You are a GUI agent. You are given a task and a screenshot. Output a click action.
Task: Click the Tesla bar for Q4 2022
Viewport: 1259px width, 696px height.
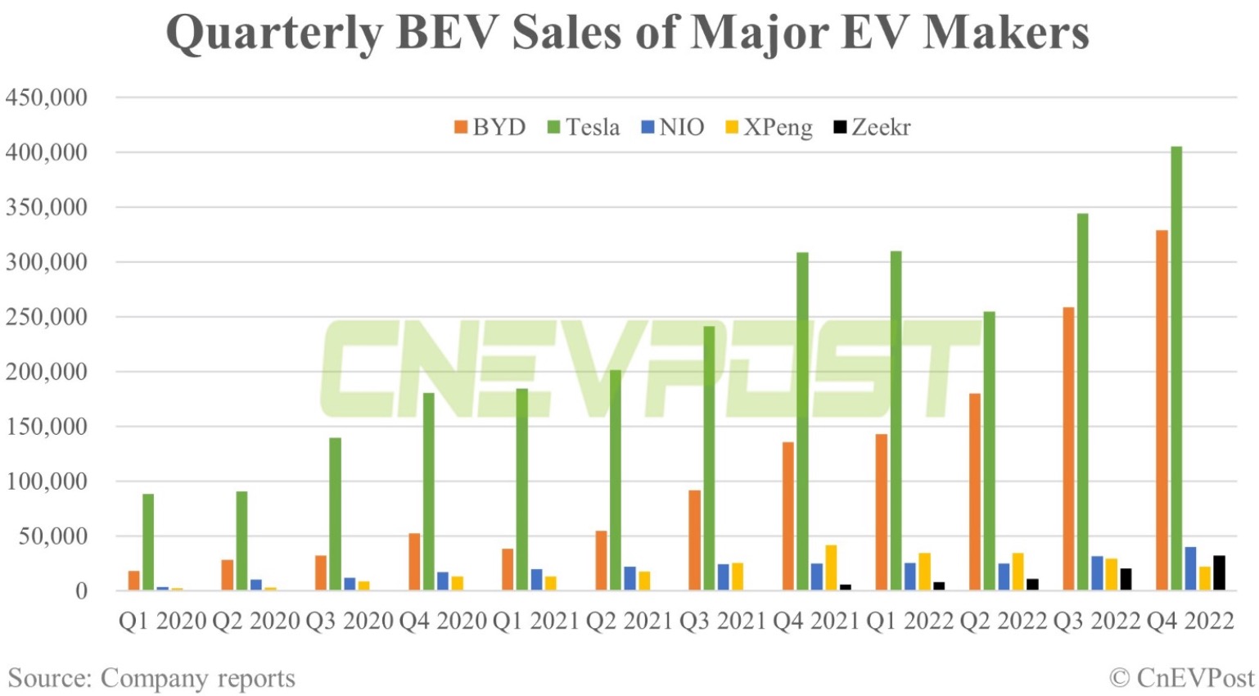click(1176, 368)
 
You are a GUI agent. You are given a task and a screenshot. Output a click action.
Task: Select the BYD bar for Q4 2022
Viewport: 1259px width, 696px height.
click(1162, 409)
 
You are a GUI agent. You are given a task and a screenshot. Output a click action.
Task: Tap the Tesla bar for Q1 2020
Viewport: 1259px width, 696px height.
click(148, 542)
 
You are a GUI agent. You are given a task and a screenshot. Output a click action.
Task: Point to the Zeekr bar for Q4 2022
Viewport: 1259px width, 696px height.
click(1219, 573)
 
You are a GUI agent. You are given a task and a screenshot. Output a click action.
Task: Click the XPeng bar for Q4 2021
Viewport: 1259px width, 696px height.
click(831, 567)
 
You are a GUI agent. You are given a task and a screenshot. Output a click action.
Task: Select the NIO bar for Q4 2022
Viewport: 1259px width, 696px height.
click(1190, 568)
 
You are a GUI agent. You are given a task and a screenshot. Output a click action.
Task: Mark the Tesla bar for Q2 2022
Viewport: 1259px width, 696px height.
click(990, 450)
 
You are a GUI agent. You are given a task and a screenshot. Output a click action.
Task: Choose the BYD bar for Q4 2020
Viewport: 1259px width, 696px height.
click(414, 562)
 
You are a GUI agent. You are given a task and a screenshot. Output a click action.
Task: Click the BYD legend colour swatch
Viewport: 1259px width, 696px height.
click(461, 128)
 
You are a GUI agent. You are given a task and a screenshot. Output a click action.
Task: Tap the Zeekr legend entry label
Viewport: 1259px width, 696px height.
click(881, 128)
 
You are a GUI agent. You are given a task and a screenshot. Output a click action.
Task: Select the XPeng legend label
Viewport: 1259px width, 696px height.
click(778, 128)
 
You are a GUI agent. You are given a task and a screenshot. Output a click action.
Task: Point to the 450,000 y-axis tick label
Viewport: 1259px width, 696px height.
click(47, 97)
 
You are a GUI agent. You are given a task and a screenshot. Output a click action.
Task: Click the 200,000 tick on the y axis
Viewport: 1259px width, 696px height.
click(47, 372)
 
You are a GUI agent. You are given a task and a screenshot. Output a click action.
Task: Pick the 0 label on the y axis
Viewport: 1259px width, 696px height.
click(80, 591)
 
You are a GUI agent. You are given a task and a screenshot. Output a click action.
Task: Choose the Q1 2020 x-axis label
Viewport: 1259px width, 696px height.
click(162, 621)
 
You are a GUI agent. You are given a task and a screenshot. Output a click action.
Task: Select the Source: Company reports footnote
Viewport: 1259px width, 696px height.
click(151, 678)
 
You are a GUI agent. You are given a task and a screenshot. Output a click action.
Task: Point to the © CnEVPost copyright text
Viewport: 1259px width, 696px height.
click(1181, 678)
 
